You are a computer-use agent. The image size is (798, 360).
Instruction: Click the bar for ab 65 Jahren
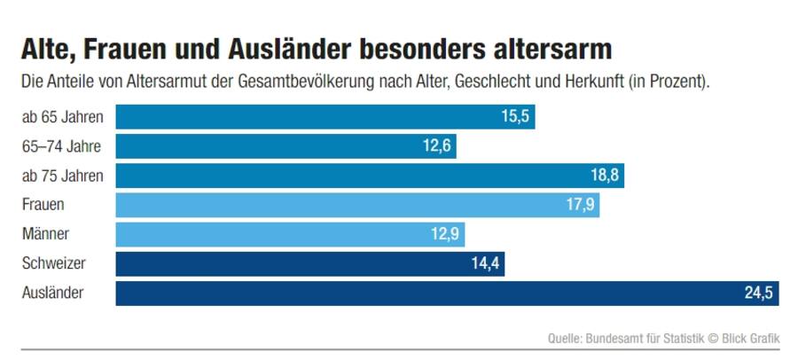(325, 117)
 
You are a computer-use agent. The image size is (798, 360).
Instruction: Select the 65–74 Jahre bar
(286, 146)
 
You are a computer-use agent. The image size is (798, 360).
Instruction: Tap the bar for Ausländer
(447, 293)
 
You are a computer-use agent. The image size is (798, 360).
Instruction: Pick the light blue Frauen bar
(357, 205)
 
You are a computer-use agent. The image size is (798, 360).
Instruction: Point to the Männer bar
(290, 235)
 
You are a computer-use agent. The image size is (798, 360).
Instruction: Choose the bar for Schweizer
(309, 264)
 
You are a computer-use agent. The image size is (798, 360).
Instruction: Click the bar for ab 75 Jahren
(370, 176)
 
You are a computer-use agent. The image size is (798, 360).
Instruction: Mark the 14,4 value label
(485, 264)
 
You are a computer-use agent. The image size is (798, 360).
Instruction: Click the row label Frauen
(43, 205)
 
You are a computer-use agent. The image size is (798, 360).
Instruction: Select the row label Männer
(45, 235)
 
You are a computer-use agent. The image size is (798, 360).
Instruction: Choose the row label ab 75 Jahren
(62, 176)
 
